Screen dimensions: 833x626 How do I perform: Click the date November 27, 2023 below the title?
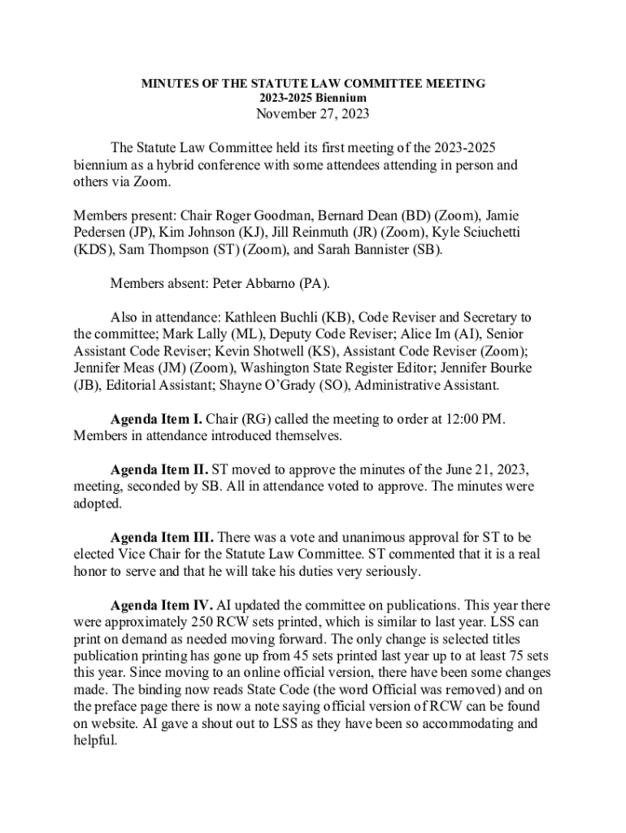tap(313, 114)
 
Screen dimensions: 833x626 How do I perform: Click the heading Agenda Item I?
tap(156, 419)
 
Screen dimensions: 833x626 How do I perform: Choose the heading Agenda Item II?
tap(159, 469)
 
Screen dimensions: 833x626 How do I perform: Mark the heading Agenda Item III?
tap(162, 538)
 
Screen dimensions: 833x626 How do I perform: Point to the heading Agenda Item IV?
tap(162, 605)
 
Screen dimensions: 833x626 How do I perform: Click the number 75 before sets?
tap(514, 656)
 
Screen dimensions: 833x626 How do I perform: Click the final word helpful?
tap(95, 741)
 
